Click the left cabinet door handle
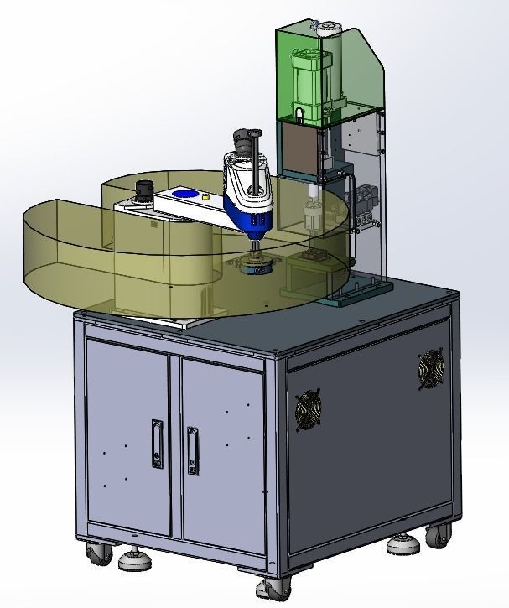tap(157, 444)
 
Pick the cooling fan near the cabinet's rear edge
tap(430, 369)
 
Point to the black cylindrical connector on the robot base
tap(148, 188)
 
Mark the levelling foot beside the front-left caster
tap(132, 559)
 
